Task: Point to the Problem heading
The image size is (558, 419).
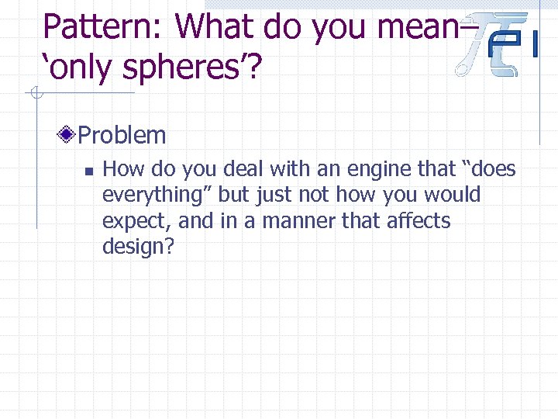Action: point(122,135)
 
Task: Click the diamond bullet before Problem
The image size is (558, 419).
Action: point(67,135)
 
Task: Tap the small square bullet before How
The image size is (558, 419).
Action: point(89,169)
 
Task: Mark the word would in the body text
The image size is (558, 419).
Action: point(454,195)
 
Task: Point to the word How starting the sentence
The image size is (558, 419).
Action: point(120,168)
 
